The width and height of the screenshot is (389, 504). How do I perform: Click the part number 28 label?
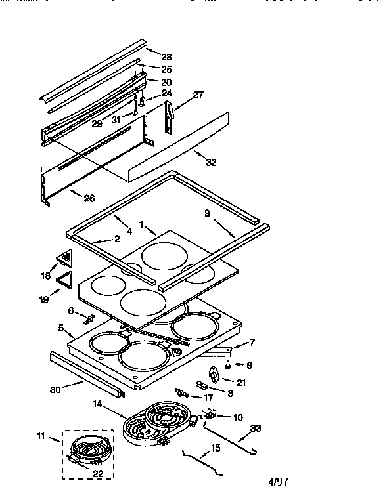point(166,57)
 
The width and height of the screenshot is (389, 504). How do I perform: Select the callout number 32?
point(211,162)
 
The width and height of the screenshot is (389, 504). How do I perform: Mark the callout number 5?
point(60,327)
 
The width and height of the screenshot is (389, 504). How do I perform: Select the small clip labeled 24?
point(141,102)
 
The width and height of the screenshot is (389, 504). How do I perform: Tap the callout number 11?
point(41,434)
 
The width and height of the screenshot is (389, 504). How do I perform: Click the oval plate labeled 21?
point(214,375)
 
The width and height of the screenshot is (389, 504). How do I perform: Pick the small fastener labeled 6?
point(89,319)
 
